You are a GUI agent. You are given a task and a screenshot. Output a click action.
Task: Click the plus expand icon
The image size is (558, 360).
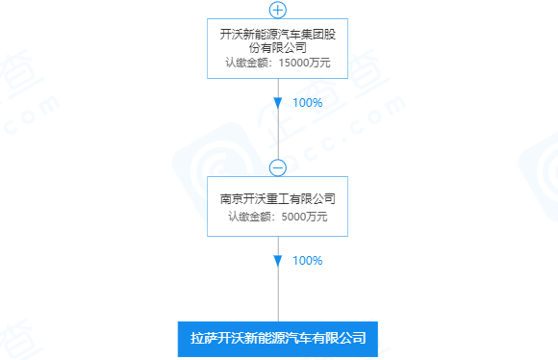(x=278, y=10)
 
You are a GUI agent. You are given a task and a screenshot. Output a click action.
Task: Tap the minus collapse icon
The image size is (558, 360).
(x=278, y=167)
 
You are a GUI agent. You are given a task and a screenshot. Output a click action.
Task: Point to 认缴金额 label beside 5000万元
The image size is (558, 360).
(x=251, y=216)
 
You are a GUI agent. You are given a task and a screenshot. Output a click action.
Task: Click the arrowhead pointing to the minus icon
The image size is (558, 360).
(x=278, y=102)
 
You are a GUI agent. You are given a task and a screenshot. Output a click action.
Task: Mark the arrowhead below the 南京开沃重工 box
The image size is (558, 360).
(x=278, y=260)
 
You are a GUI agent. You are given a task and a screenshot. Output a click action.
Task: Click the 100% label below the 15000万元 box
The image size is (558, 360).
(x=307, y=102)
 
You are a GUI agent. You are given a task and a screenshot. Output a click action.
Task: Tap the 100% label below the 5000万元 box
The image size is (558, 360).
(x=307, y=260)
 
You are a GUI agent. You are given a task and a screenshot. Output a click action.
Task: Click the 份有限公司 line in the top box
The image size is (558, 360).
(x=278, y=46)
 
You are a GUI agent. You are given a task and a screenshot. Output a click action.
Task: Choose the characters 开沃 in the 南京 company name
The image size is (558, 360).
(x=255, y=198)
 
